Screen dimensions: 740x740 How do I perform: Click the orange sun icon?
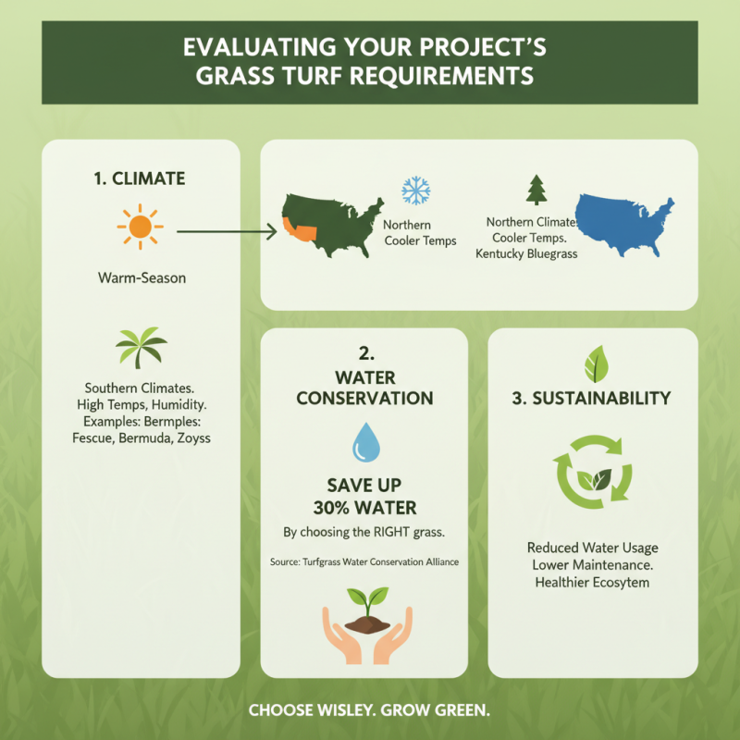point(141,226)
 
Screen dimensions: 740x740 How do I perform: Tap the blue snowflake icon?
point(415,191)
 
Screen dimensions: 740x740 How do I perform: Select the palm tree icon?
point(141,348)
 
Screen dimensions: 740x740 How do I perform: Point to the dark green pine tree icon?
point(536,191)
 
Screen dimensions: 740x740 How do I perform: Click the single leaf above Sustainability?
point(593,364)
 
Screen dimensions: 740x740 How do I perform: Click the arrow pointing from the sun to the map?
point(227,230)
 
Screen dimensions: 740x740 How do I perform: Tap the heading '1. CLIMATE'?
point(140,179)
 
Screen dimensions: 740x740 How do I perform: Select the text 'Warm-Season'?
point(140,277)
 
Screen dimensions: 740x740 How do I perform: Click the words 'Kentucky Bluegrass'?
point(525,253)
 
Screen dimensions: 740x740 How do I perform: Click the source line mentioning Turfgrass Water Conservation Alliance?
point(364,561)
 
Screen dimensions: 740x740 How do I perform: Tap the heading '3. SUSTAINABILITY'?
point(591,399)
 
